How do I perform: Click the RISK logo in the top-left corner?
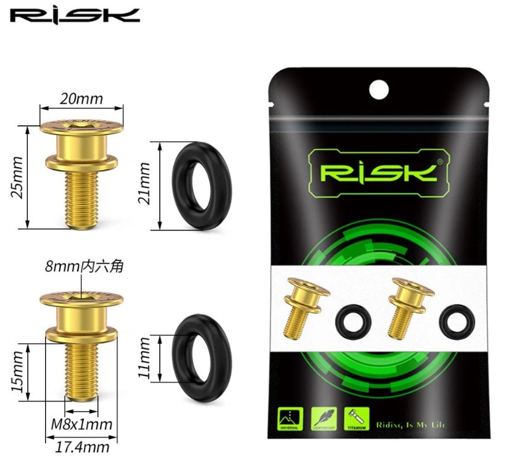pos(75,15)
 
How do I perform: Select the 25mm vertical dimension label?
pos(17,177)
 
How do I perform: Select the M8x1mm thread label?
pos(82,424)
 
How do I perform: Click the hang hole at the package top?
pos(379,90)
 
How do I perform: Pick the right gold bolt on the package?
pos(408,308)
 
